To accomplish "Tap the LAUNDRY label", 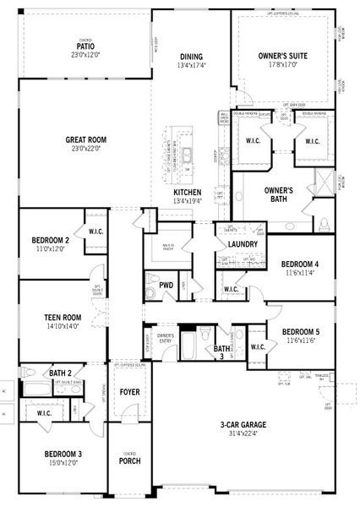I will [243, 244].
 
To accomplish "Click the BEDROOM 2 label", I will [50, 240].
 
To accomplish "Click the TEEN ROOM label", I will [63, 318].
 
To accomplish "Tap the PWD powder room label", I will [166, 286].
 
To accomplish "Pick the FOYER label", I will [129, 392].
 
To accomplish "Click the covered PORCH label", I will [129, 461].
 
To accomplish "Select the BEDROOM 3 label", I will [63, 455].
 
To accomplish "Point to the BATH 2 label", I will [59, 373].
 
